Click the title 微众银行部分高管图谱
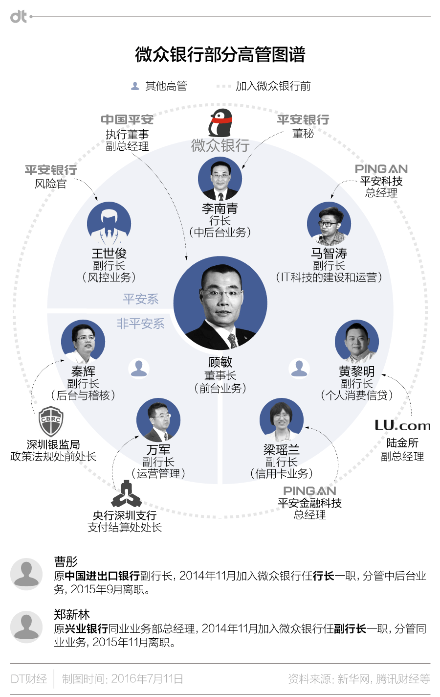coord(220,54)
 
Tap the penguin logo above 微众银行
coord(220,123)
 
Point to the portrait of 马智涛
coord(329,224)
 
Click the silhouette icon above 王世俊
coord(109,224)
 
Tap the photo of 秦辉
coord(83,342)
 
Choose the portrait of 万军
coord(158,420)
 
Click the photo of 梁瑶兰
coord(282,420)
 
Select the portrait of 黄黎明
coord(357,342)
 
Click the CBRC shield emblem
coord(51,421)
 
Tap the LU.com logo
coord(402,426)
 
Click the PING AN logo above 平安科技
coord(381,169)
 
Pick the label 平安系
coord(141,299)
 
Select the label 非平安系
coord(140,324)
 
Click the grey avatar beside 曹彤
coord(26,574)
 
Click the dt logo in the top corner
coord(19,17)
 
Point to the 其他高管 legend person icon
coord(135,86)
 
